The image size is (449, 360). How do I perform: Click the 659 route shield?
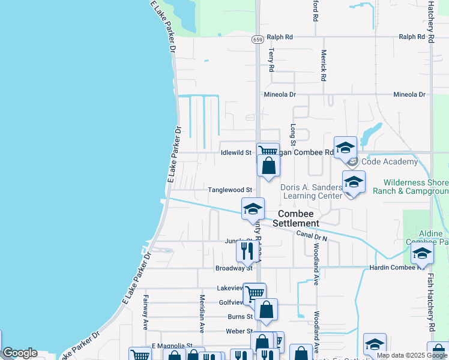tap(258, 40)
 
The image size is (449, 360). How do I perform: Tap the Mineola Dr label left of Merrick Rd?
tap(280, 95)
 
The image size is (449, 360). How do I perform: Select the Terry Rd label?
tap(271, 61)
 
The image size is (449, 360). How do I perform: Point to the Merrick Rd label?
tap(323, 65)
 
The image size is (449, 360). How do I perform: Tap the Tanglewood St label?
tap(229, 190)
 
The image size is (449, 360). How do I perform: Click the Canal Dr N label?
tap(312, 235)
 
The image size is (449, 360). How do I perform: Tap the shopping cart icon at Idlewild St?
tap(268, 151)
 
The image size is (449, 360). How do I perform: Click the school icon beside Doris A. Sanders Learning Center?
tap(354, 182)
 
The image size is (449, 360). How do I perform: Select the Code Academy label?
tap(390, 162)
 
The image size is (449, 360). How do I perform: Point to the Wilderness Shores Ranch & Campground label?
tap(416, 187)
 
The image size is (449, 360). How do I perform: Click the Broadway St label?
tap(234, 268)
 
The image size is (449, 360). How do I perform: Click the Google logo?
tap(20, 353)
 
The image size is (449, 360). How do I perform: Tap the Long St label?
tap(293, 134)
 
